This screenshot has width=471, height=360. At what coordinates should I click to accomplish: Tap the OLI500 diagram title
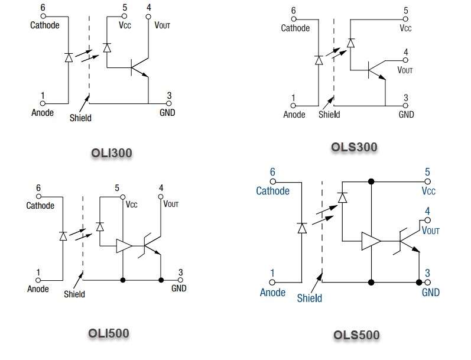tap(108, 332)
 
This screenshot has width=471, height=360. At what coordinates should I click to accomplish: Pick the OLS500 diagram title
tap(356, 335)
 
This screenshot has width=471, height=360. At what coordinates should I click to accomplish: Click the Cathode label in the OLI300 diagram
tap(44, 25)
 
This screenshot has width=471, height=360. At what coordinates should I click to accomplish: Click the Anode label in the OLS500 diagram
tap(272, 292)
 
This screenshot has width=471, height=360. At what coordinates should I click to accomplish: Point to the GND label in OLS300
tap(406, 114)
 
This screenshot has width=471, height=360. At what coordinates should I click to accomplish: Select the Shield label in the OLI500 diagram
tap(74, 294)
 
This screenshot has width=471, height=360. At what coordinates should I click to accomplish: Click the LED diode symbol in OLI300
tap(69, 57)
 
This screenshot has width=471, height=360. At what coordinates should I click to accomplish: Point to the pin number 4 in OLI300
tap(148, 8)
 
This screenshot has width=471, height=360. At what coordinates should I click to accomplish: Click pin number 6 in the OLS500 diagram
tap(272, 172)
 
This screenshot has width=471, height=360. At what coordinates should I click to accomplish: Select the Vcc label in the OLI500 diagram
tap(131, 205)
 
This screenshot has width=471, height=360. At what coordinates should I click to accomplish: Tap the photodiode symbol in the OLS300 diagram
tap(350, 42)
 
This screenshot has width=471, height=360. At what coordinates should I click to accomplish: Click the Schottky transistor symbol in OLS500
tap(408, 241)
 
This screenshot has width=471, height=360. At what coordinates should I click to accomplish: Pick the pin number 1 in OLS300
tap(294, 98)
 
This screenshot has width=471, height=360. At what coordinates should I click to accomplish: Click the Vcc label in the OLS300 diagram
tap(405, 28)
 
